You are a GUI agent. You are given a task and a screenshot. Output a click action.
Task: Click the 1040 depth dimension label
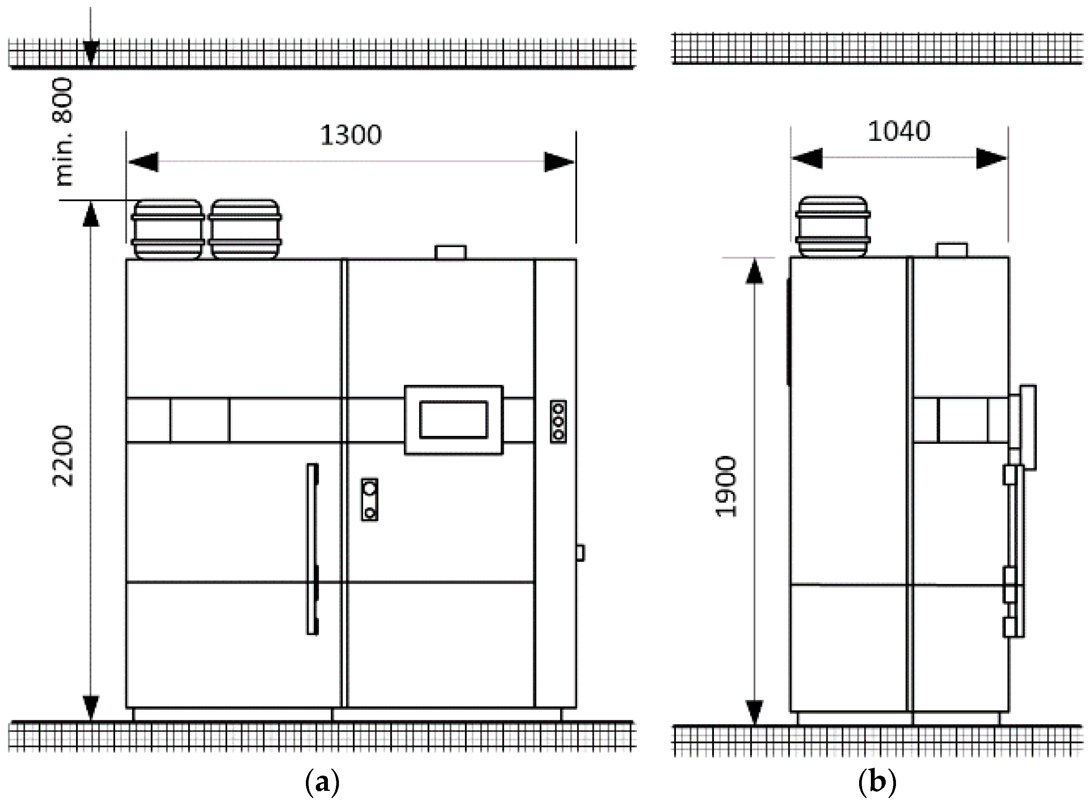pyautogui.click(x=899, y=131)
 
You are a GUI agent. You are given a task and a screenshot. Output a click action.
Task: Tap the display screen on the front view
pyautogui.click(x=453, y=420)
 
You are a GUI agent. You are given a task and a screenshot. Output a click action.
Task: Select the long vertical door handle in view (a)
pyautogui.click(x=312, y=549)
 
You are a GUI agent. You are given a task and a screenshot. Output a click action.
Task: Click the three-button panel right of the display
pyautogui.click(x=558, y=421)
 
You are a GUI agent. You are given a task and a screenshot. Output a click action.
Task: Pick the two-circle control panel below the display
pyautogui.click(x=369, y=500)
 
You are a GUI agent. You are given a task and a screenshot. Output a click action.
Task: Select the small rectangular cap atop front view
pyautogui.click(x=451, y=252)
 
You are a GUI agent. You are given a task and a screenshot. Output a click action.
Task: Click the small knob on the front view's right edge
pyautogui.click(x=580, y=553)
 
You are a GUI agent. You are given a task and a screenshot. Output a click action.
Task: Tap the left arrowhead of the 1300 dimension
pyautogui.click(x=143, y=162)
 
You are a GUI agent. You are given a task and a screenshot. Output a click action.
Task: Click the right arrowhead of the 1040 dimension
pyautogui.click(x=992, y=158)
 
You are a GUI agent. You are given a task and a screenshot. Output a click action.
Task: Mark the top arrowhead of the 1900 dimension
pyautogui.click(x=754, y=270)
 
